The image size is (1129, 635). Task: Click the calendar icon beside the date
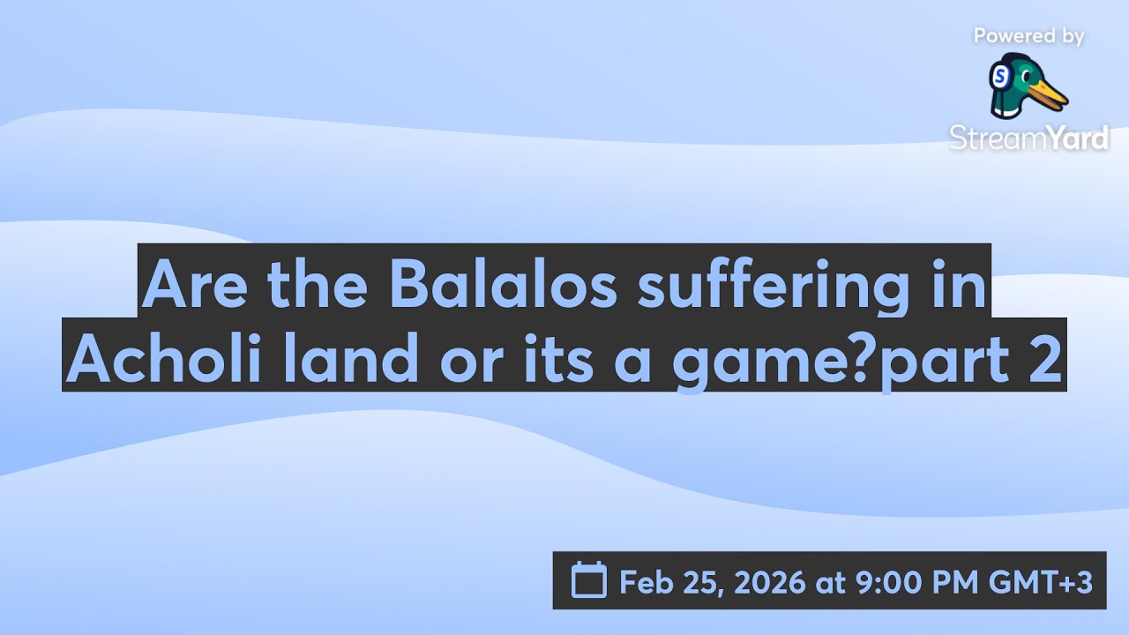589,581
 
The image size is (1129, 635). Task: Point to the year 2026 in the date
766,582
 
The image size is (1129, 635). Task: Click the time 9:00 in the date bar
888,582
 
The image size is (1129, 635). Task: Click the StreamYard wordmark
1028,137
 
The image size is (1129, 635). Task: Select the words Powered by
1028,36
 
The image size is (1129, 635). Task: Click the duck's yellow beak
1050,93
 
